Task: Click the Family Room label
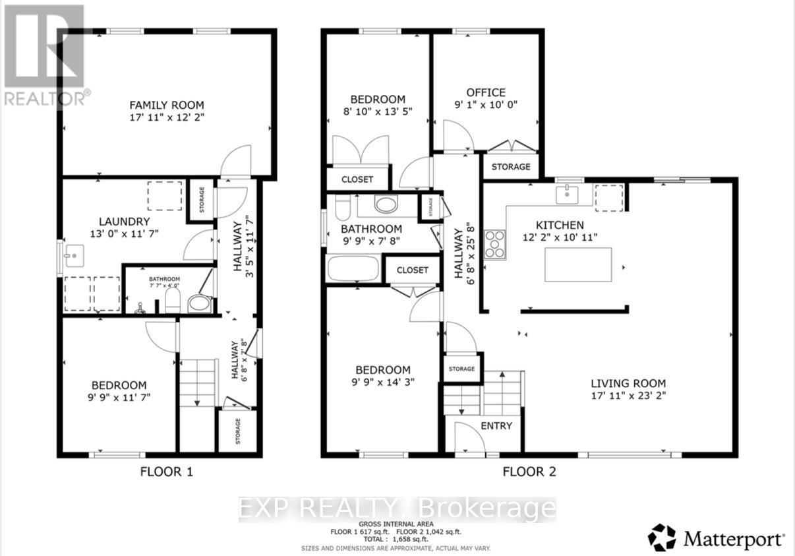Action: pyautogui.click(x=166, y=105)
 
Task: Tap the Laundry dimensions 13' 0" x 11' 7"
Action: pyautogui.click(x=125, y=233)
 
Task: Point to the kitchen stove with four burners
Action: pyautogui.click(x=495, y=244)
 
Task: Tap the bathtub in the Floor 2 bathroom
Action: pyautogui.click(x=353, y=269)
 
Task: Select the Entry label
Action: pyautogui.click(x=496, y=426)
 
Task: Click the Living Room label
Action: pyautogui.click(x=628, y=383)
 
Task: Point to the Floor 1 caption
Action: pyautogui.click(x=166, y=472)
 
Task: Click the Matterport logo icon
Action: pyautogui.click(x=662, y=538)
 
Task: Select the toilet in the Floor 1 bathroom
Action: pyautogui.click(x=172, y=303)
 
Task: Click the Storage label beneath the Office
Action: pyautogui.click(x=511, y=167)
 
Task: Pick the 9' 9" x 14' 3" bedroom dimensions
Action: pyautogui.click(x=383, y=382)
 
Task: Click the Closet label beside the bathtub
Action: pyautogui.click(x=413, y=270)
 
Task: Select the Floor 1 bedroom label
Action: pyautogui.click(x=119, y=385)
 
